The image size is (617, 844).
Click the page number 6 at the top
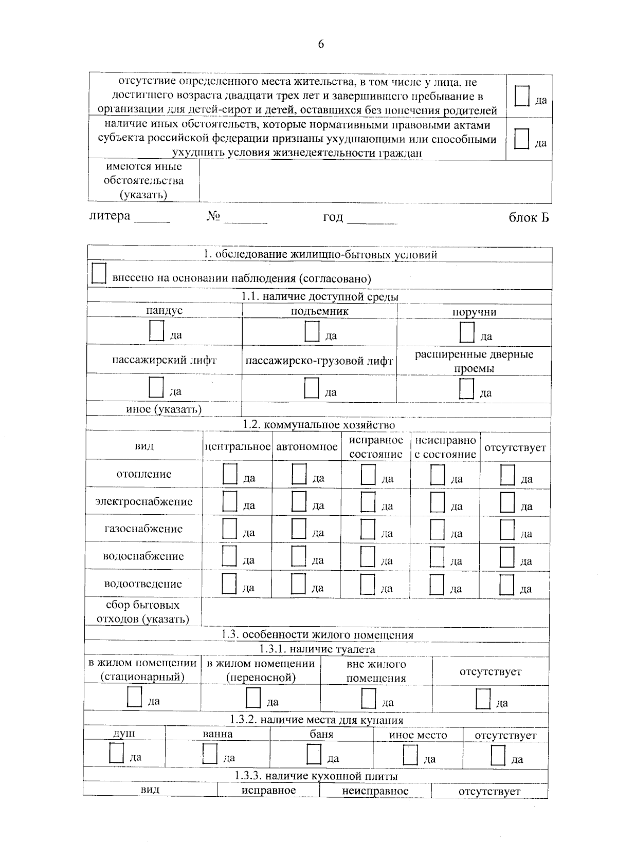pyautogui.click(x=321, y=45)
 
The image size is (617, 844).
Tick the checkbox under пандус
pyautogui.click(x=156, y=331)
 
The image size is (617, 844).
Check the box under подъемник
pyautogui.click(x=312, y=331)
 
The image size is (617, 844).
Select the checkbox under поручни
pyautogui.click(x=467, y=332)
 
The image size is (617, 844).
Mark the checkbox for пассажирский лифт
pyautogui.click(x=156, y=387)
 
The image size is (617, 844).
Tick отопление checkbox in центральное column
pyautogui.click(x=230, y=474)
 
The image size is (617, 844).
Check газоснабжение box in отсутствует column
pyautogui.click(x=507, y=530)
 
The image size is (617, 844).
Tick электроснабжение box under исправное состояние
pyautogui.click(x=368, y=502)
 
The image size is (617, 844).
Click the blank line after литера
pyautogui.click(x=152, y=219)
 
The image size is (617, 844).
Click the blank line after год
pyautogui.click(x=372, y=220)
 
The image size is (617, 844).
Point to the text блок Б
pyautogui.click(x=529, y=218)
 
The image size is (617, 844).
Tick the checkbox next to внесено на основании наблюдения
pyautogui.click(x=98, y=273)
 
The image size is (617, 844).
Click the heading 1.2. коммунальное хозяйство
pyautogui.click(x=319, y=425)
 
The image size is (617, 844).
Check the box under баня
pyautogui.click(x=314, y=754)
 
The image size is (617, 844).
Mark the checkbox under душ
pyautogui.click(x=116, y=753)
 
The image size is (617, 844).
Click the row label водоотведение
pyautogui.click(x=143, y=584)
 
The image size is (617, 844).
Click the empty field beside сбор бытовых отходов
pyautogui.click(x=375, y=612)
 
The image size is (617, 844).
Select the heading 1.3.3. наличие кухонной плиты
pyautogui.click(x=316, y=776)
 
